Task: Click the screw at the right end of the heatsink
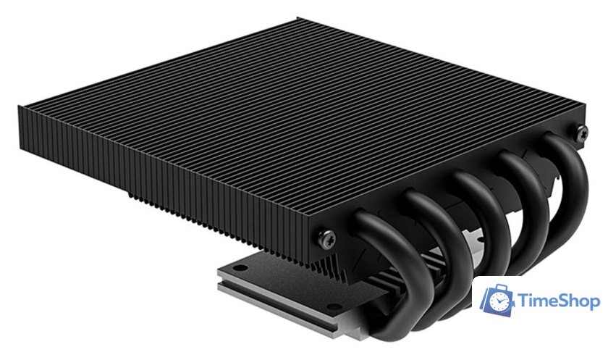coord(581,131)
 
